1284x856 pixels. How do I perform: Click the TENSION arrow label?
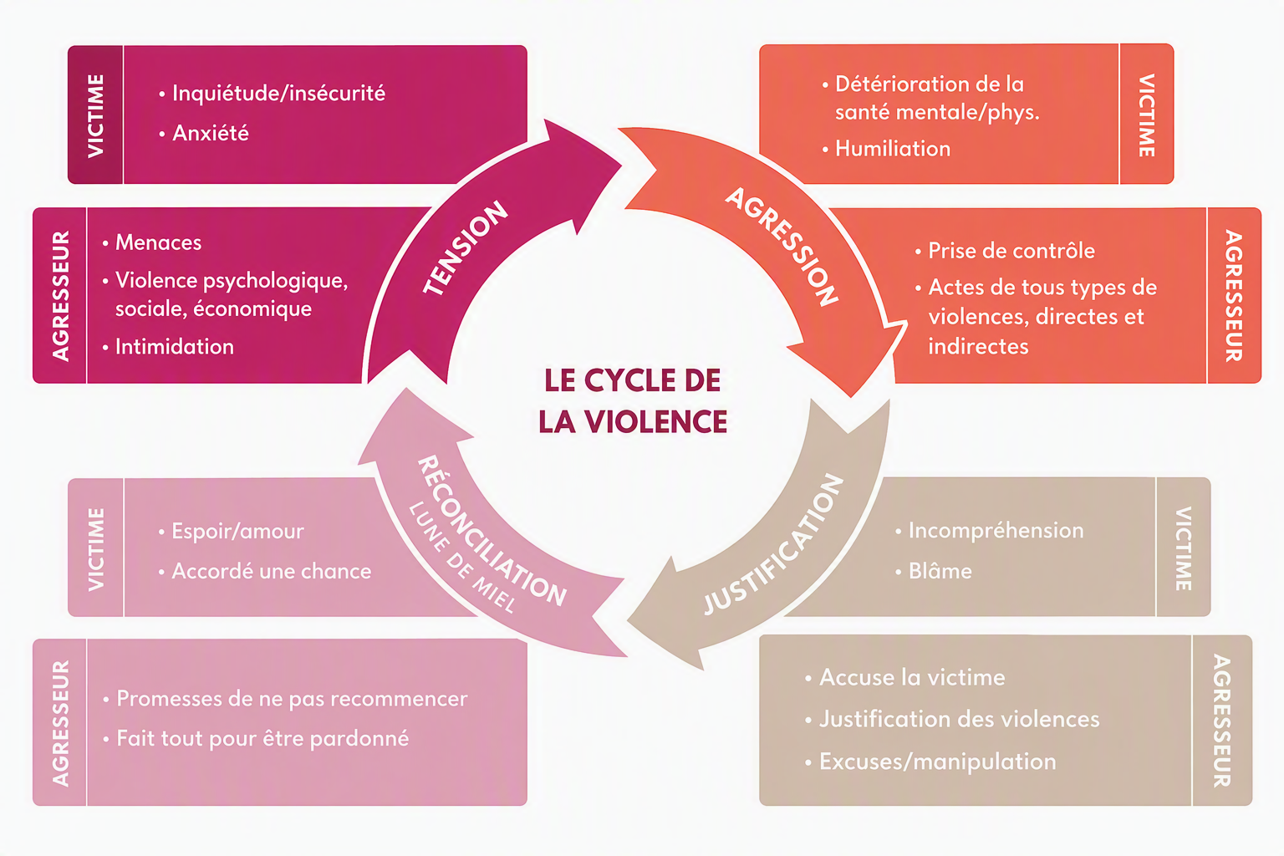(x=465, y=247)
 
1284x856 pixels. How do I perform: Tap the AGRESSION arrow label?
(x=782, y=246)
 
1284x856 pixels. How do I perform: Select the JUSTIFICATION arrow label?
(x=773, y=545)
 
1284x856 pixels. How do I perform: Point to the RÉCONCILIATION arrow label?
(x=492, y=531)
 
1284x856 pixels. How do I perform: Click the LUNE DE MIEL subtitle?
(x=462, y=558)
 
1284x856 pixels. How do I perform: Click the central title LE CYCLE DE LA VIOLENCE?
(x=632, y=400)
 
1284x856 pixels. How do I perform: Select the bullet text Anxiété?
(x=211, y=133)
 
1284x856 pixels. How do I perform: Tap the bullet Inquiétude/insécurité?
(x=278, y=93)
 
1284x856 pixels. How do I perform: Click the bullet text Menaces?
(x=158, y=242)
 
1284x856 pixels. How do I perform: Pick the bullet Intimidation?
(x=174, y=347)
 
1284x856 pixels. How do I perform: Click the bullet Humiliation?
(x=893, y=149)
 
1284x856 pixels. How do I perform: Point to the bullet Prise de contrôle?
(x=1011, y=251)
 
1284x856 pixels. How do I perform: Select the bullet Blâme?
(x=940, y=571)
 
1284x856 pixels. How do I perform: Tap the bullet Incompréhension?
(x=996, y=531)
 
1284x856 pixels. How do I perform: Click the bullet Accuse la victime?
(x=912, y=678)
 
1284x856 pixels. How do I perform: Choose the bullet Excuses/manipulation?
(x=937, y=762)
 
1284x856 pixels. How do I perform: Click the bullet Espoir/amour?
(x=237, y=532)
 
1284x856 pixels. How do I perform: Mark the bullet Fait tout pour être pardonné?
(x=262, y=738)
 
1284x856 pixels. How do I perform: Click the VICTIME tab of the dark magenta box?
(x=95, y=115)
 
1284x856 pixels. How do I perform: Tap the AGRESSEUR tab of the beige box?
(x=1222, y=721)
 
